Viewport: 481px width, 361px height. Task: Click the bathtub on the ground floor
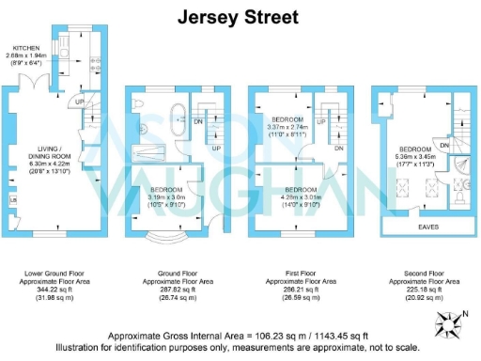[x=178, y=118]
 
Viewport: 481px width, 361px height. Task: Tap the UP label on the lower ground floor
[x=80, y=102]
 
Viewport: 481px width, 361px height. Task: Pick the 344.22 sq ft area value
[x=49, y=292]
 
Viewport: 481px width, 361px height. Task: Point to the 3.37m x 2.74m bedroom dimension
[x=287, y=129]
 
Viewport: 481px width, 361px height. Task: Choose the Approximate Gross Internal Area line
[x=240, y=336]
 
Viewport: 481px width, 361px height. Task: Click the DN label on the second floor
[x=442, y=146]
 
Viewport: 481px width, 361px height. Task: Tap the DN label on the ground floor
[x=198, y=121]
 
